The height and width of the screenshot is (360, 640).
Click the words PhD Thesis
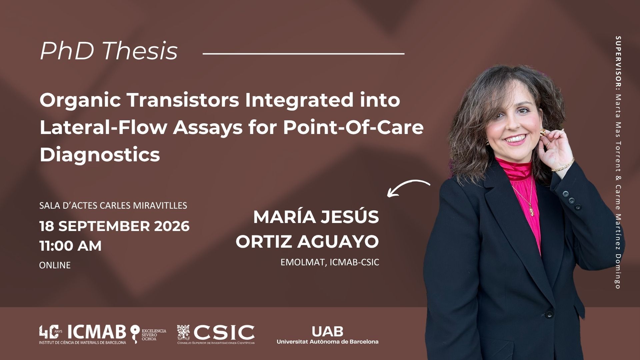[109, 51]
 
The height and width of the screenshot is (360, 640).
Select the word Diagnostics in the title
[100, 154]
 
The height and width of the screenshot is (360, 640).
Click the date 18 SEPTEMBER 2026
[114, 226]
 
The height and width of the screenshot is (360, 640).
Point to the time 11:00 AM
[70, 246]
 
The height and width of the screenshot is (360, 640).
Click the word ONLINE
[55, 265]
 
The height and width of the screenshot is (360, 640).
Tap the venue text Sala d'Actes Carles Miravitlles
[113, 205]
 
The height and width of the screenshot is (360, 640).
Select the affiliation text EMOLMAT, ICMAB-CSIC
[330, 262]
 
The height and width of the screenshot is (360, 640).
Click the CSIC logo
[216, 334]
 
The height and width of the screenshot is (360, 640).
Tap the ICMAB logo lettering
[97, 332]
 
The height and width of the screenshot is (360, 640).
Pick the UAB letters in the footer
[327, 331]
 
